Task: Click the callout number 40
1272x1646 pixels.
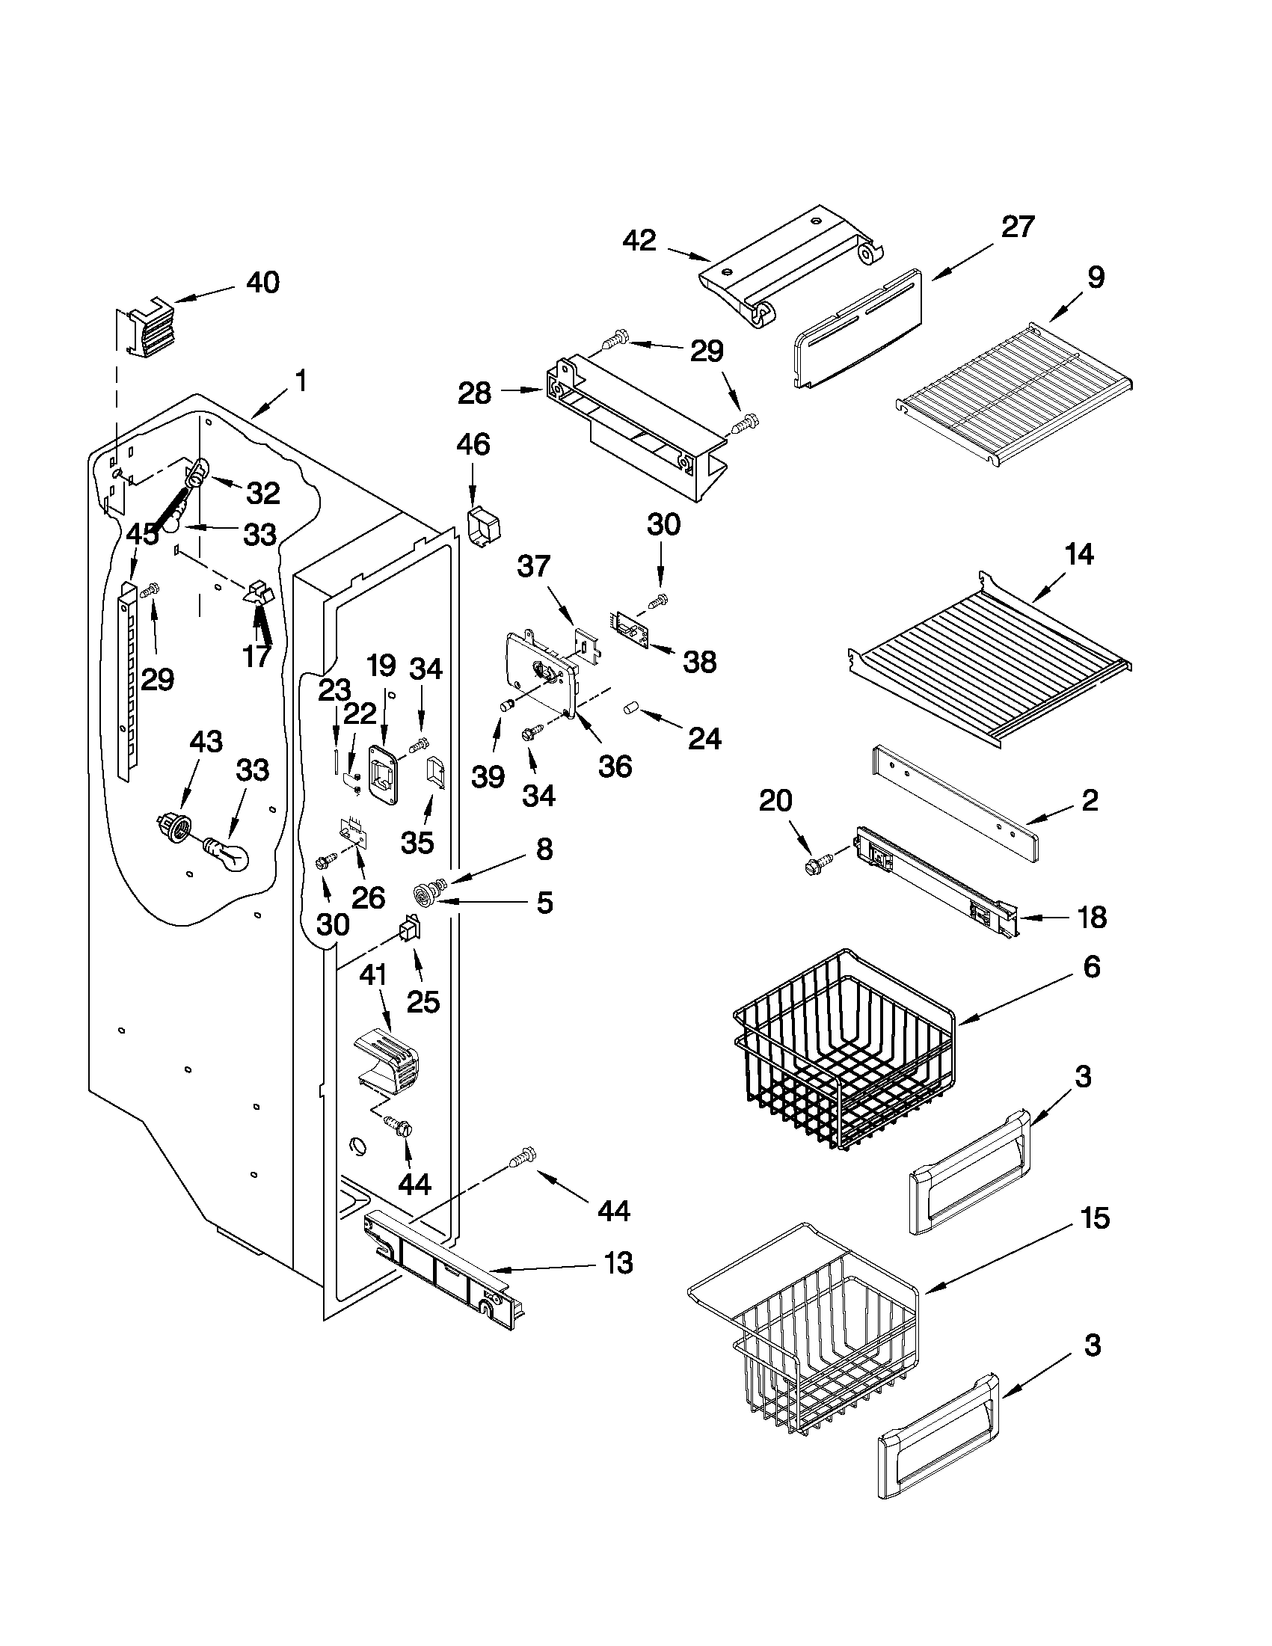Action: pyautogui.click(x=263, y=283)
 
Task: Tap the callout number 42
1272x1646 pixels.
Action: pyautogui.click(x=639, y=241)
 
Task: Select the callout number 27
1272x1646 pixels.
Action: pyautogui.click(x=1017, y=227)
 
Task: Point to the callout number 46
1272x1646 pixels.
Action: pyautogui.click(x=473, y=445)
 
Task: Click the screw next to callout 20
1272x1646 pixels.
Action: pyautogui.click(x=817, y=862)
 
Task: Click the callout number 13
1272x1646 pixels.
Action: pyautogui.click(x=618, y=1262)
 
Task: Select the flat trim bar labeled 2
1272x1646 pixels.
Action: pyautogui.click(x=953, y=802)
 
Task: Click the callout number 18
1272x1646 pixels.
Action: pyautogui.click(x=1092, y=917)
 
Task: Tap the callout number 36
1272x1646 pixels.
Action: pyautogui.click(x=615, y=767)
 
